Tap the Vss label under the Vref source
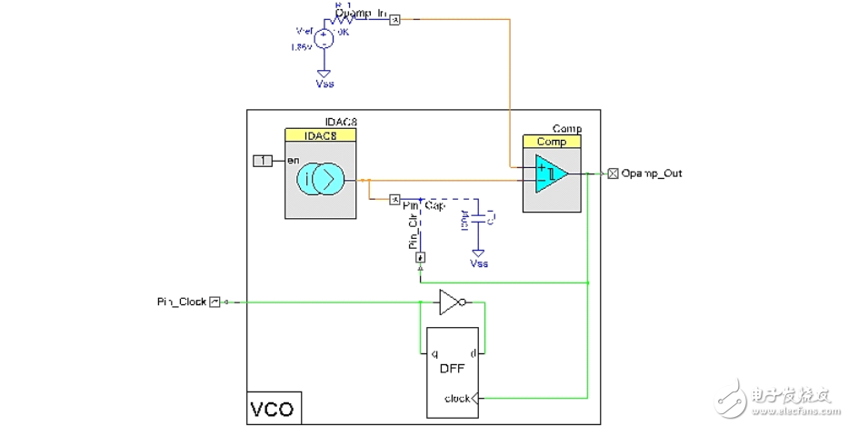(x=324, y=83)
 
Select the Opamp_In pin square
(x=394, y=19)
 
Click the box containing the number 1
(x=263, y=161)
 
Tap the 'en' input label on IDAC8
(x=293, y=161)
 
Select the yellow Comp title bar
(x=551, y=142)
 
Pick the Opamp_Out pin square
(x=614, y=173)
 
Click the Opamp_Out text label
(x=651, y=173)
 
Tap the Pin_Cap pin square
(x=394, y=198)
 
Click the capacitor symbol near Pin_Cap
(x=479, y=218)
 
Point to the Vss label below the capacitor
(x=479, y=263)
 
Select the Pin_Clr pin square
(x=420, y=258)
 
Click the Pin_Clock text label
(x=181, y=302)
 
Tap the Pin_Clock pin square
(x=214, y=302)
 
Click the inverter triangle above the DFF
(x=449, y=302)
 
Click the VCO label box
(x=273, y=409)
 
